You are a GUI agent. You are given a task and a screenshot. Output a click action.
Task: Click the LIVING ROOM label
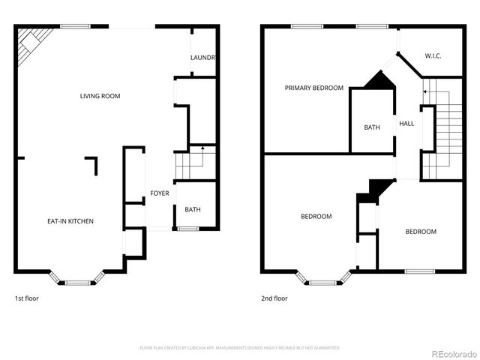point(100,96)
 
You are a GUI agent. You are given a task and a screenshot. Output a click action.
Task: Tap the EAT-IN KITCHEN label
point(70,221)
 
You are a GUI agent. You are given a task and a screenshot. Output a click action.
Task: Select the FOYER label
point(159,193)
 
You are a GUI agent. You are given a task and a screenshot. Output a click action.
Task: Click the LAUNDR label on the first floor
point(203,58)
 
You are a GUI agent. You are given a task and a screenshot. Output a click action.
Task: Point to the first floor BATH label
point(193,210)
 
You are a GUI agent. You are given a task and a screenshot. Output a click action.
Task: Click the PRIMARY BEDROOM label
point(313,88)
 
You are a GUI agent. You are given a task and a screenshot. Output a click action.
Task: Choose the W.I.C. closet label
point(433,55)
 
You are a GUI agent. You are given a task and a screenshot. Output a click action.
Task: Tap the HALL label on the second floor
point(406,124)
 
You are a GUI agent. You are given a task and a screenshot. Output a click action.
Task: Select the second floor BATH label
point(372,127)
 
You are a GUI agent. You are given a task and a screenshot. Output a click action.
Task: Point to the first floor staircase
point(190,161)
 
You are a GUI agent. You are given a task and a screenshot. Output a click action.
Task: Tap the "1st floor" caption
point(26,298)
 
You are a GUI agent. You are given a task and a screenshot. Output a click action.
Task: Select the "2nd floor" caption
point(274,298)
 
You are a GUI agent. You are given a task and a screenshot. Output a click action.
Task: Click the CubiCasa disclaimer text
point(240,348)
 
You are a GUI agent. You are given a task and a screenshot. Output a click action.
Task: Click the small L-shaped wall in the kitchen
point(92,162)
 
